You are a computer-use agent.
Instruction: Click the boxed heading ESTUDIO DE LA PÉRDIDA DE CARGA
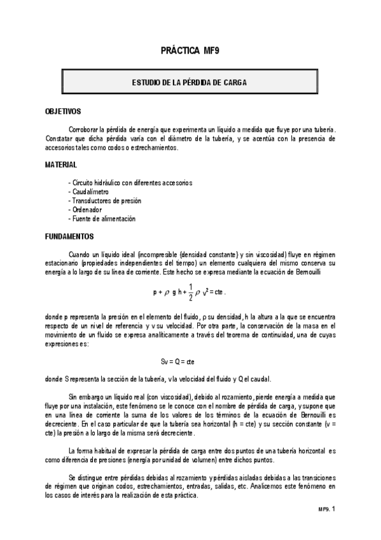(x=190, y=83)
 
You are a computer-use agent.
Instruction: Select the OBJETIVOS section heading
(x=63, y=111)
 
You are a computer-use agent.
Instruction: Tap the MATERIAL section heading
(x=61, y=164)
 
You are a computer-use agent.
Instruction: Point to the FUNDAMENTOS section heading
(x=69, y=236)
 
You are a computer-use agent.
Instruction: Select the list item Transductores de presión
(x=104, y=201)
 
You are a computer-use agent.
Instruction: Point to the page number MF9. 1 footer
(x=326, y=509)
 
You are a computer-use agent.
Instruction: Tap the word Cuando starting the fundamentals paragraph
(x=81, y=253)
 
